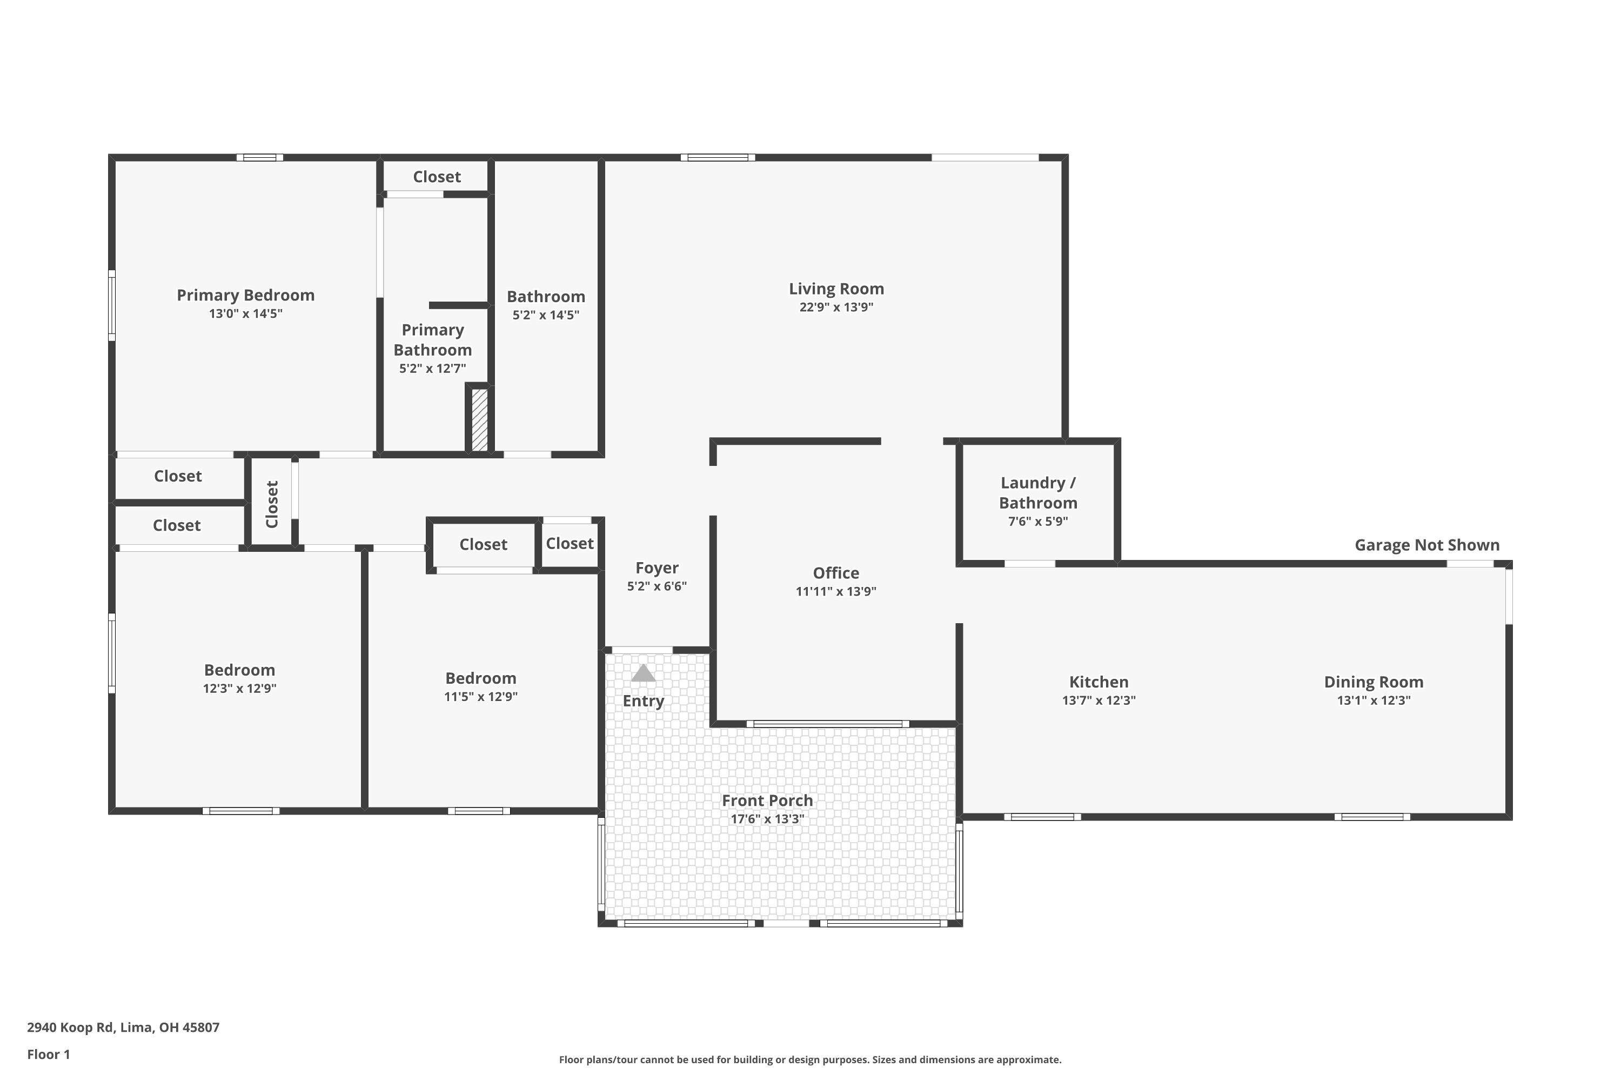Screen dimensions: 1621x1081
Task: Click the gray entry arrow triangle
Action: point(643,673)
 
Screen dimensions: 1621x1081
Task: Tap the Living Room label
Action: point(836,289)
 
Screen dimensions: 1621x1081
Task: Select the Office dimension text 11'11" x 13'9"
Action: point(836,591)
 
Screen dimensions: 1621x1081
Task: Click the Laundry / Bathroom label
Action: point(1038,493)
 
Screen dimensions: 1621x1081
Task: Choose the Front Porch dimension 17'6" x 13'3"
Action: point(767,819)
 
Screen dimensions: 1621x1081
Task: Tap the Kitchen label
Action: point(1098,682)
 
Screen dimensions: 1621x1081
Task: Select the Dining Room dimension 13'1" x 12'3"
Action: point(1374,700)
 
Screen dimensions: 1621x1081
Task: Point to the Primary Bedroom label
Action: point(245,295)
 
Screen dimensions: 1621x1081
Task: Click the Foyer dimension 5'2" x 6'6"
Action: point(657,586)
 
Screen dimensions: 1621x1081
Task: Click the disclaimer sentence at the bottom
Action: point(810,1059)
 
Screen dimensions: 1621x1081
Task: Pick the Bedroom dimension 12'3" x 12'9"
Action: point(239,688)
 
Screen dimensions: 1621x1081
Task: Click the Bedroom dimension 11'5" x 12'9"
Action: point(480,696)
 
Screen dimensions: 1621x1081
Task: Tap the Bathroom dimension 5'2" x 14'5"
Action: point(546,315)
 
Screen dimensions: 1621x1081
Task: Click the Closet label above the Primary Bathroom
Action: point(437,177)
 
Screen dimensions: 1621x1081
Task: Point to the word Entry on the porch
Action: point(643,701)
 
